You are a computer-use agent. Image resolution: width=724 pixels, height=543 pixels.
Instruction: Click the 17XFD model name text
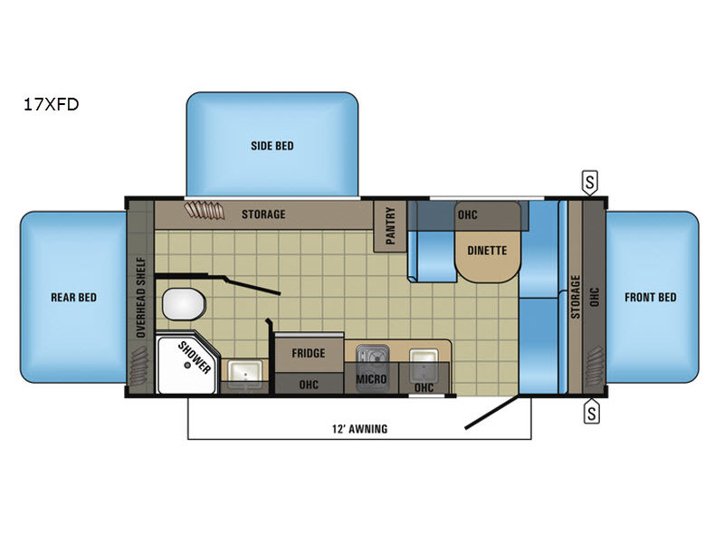coord(52,104)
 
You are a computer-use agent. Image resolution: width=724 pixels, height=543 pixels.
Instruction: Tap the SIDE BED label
coord(272,146)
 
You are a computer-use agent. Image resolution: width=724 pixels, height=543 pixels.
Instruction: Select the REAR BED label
coord(74,298)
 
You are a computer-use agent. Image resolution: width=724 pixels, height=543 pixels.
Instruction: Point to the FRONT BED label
coord(650,298)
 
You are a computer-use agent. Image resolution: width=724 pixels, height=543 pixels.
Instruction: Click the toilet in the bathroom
coord(184,304)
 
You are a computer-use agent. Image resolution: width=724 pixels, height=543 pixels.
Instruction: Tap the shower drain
coord(187,365)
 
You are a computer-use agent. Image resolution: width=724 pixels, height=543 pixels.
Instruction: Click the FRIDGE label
coord(309,353)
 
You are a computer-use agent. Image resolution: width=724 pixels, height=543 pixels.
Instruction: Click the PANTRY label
coord(390,225)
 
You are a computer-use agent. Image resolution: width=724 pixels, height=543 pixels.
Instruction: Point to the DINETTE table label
coord(487,251)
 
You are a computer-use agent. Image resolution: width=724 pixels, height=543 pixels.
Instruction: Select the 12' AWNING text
coord(359,429)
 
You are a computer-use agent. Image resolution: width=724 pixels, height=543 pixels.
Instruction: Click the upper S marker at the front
coord(590,183)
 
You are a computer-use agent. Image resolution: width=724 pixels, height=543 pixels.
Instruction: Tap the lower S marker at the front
coord(592,412)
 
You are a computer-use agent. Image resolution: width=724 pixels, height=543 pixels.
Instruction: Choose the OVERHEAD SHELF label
coord(141,298)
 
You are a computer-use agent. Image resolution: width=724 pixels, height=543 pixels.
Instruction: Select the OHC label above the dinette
coord(467,214)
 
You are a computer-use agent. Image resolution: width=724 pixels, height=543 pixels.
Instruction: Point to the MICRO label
coord(371,379)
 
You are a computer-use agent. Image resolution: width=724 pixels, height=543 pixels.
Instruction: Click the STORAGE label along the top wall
coord(263,214)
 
